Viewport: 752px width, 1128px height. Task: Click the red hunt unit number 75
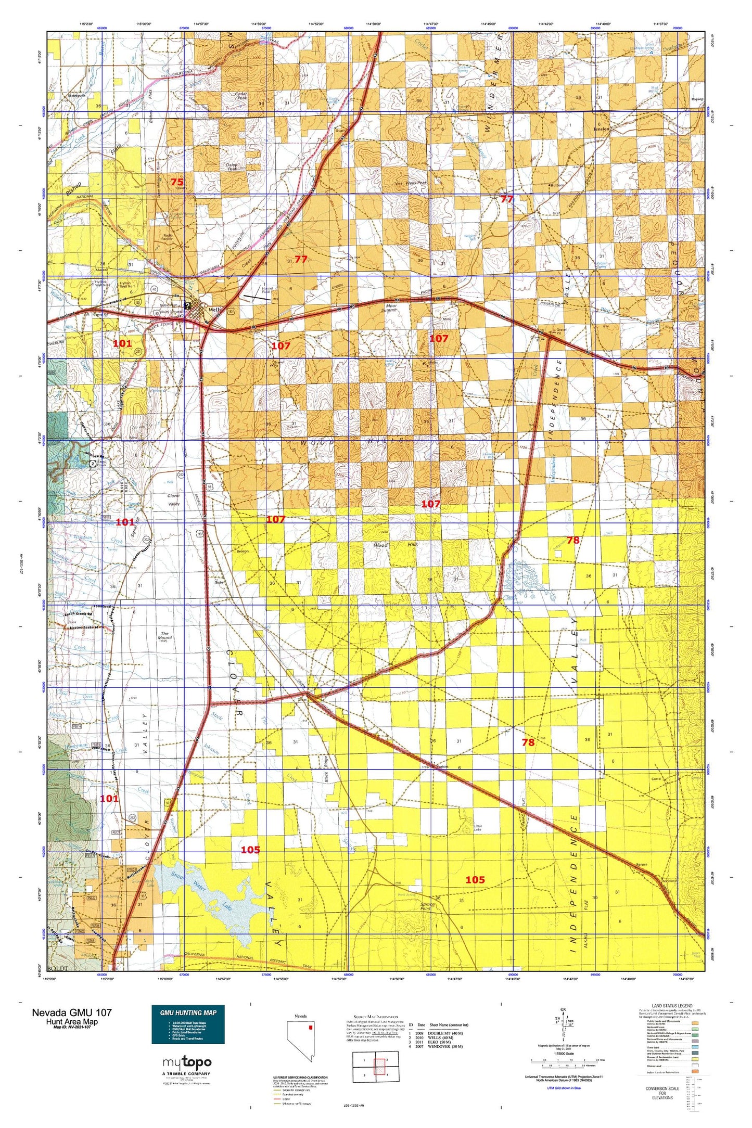coord(177,182)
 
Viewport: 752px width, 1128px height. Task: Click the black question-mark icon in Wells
coord(187,306)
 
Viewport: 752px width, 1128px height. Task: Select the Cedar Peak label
coord(243,96)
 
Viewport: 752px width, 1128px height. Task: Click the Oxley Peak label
coord(232,166)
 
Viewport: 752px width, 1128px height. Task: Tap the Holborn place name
coord(557,185)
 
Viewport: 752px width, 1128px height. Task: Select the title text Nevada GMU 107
coord(71,1012)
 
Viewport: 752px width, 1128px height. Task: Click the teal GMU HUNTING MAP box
coord(188,1024)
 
